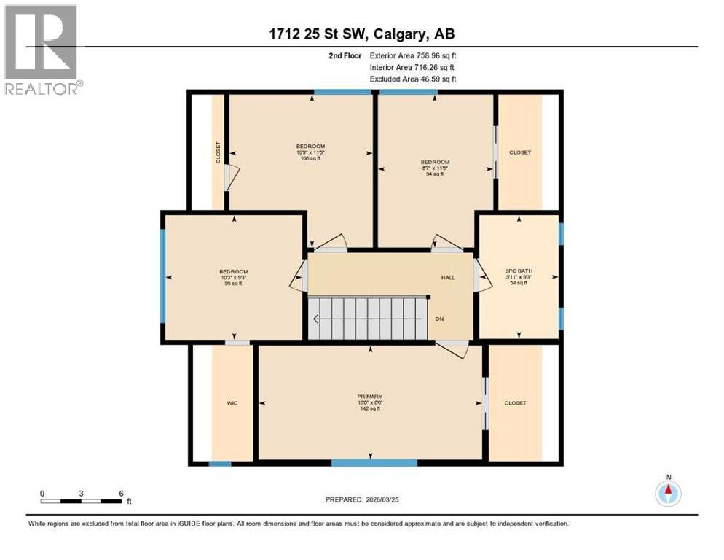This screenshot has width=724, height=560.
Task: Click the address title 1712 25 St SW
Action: click(361, 34)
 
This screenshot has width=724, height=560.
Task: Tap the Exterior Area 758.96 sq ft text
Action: click(413, 55)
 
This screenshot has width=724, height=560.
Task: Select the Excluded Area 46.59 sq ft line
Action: click(413, 78)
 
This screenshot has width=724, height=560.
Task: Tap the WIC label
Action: click(232, 402)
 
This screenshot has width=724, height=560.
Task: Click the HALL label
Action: click(448, 277)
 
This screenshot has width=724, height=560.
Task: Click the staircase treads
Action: click(367, 318)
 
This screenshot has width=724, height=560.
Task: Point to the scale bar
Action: click(82, 501)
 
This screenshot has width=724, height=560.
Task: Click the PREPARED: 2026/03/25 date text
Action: click(362, 499)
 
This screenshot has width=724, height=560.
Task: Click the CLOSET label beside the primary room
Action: click(515, 402)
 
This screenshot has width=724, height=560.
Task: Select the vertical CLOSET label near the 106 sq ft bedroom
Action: click(218, 152)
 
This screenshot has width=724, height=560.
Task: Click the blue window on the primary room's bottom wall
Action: click(374, 462)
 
